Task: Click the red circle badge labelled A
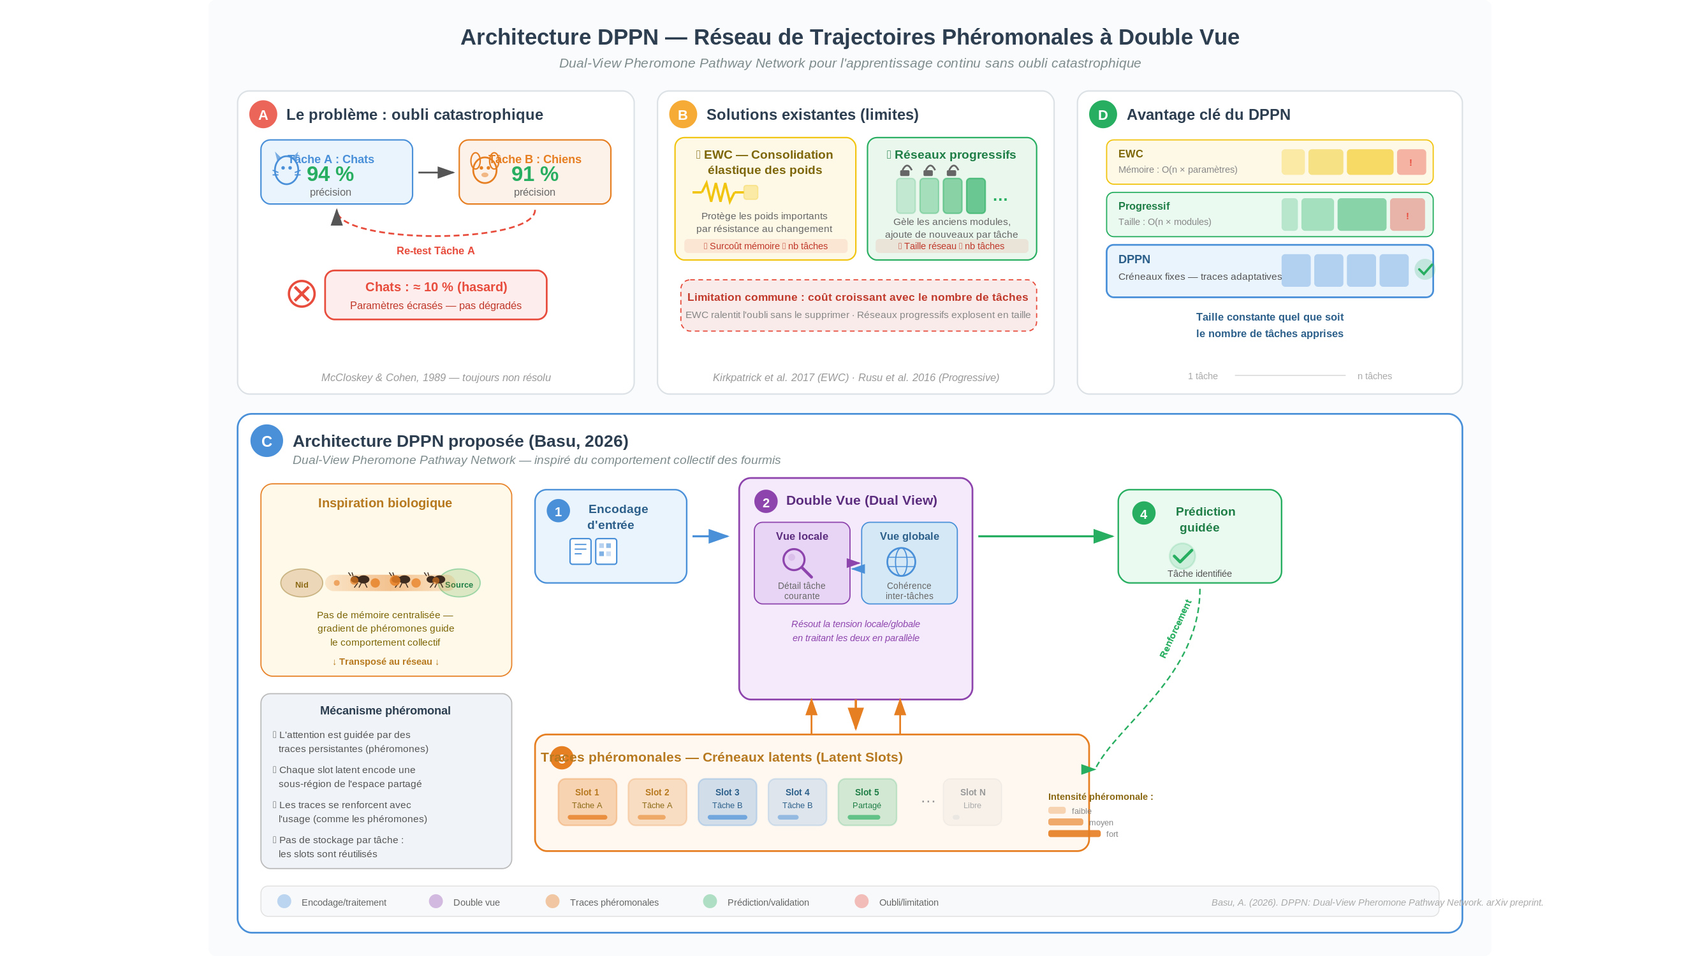[263, 115]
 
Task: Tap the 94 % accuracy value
[330, 174]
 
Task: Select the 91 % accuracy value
[534, 174]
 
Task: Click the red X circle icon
[302, 294]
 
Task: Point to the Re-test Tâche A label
[436, 250]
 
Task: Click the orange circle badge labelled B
[682, 115]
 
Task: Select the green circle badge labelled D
[1103, 115]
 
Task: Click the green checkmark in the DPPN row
[1424, 269]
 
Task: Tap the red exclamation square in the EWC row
[1411, 163]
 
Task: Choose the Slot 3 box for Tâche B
[728, 802]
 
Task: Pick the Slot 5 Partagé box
[867, 802]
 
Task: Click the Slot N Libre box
[972, 802]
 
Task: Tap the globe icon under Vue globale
[901, 562]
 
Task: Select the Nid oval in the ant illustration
[302, 583]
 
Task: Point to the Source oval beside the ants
[459, 583]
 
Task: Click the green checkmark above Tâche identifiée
[1182, 556]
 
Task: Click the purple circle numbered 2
[766, 502]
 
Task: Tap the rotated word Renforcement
[1175, 629]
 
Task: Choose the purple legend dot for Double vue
[436, 901]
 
